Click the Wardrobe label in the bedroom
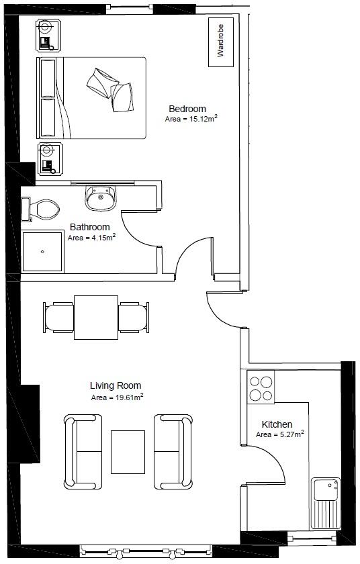pos(220,41)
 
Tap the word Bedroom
pos(187,109)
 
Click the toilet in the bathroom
pos(40,209)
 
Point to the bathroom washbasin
pos(101,199)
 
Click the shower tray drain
pos(42,252)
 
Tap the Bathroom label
pos(89,227)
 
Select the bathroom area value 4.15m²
pos(102,238)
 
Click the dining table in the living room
pos(96,317)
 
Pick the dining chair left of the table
pos(58,317)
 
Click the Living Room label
pos(116,385)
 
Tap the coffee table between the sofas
pos(128,452)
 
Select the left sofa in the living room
pos(83,452)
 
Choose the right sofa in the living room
pos(173,452)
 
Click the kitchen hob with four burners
pos(261,388)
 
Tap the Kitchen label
pos(277,424)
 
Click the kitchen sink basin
pos(326,489)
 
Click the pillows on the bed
pos(110,90)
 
